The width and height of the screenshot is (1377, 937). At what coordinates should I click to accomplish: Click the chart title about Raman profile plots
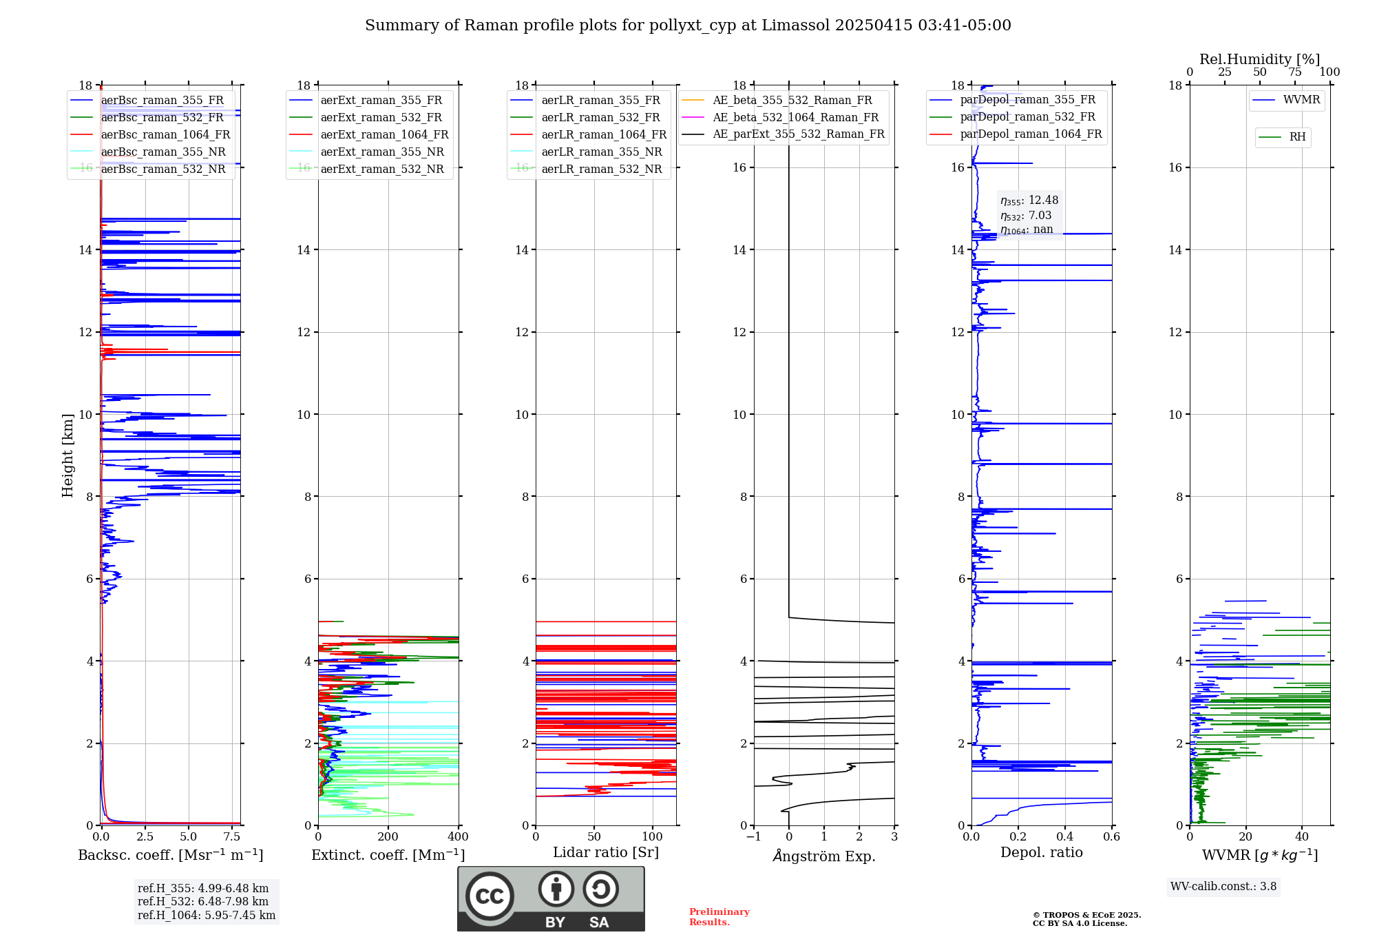[x=688, y=25]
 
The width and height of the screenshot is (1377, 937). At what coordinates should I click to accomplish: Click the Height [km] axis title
[x=67, y=455]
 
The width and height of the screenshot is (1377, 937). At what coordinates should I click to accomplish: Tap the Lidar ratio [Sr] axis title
[x=606, y=852]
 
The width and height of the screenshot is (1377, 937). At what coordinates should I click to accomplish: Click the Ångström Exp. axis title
[x=824, y=856]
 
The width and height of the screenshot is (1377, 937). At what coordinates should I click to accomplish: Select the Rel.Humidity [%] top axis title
[x=1259, y=59]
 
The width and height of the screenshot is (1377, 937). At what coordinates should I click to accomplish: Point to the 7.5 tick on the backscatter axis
[x=232, y=837]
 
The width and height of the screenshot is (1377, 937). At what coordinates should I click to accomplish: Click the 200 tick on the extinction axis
[x=388, y=837]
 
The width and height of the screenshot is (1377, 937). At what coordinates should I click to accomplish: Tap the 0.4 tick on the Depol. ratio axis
[x=1065, y=837]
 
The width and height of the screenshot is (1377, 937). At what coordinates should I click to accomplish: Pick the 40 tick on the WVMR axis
[x=1302, y=837]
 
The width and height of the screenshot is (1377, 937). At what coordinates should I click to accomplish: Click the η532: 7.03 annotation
[x=1026, y=216]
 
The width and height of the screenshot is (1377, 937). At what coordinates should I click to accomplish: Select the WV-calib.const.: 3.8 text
[x=1223, y=887]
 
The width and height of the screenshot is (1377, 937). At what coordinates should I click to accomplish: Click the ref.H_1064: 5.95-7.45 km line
[x=207, y=916]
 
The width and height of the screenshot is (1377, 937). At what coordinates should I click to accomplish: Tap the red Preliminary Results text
[x=719, y=917]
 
